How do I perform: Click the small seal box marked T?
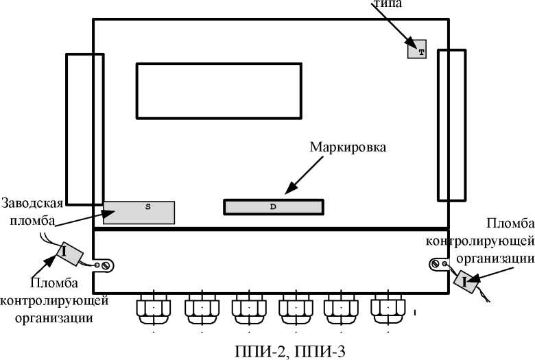[x=417, y=49]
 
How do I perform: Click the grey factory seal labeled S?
[x=139, y=212]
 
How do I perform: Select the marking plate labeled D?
[x=273, y=207]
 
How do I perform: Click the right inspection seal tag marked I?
[x=465, y=280]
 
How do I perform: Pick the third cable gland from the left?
[x=248, y=309]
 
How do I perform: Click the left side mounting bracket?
[x=84, y=128]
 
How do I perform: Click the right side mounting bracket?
[x=451, y=125]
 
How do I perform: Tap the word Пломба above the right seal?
[x=506, y=224]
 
